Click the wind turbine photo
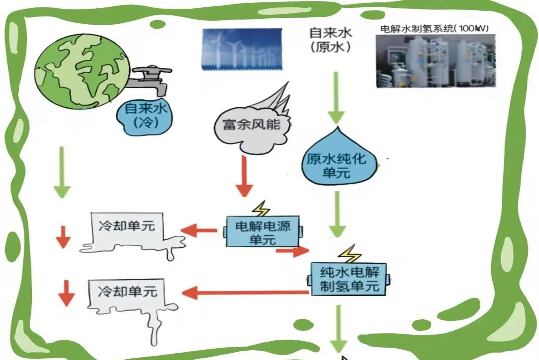(x=242, y=49)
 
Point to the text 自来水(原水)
(x=330, y=40)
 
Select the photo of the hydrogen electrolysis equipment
(x=435, y=61)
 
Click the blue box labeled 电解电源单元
(x=262, y=232)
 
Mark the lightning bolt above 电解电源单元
(x=261, y=208)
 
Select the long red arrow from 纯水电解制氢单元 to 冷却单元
(x=245, y=292)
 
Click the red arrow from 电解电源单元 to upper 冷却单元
(x=198, y=230)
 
